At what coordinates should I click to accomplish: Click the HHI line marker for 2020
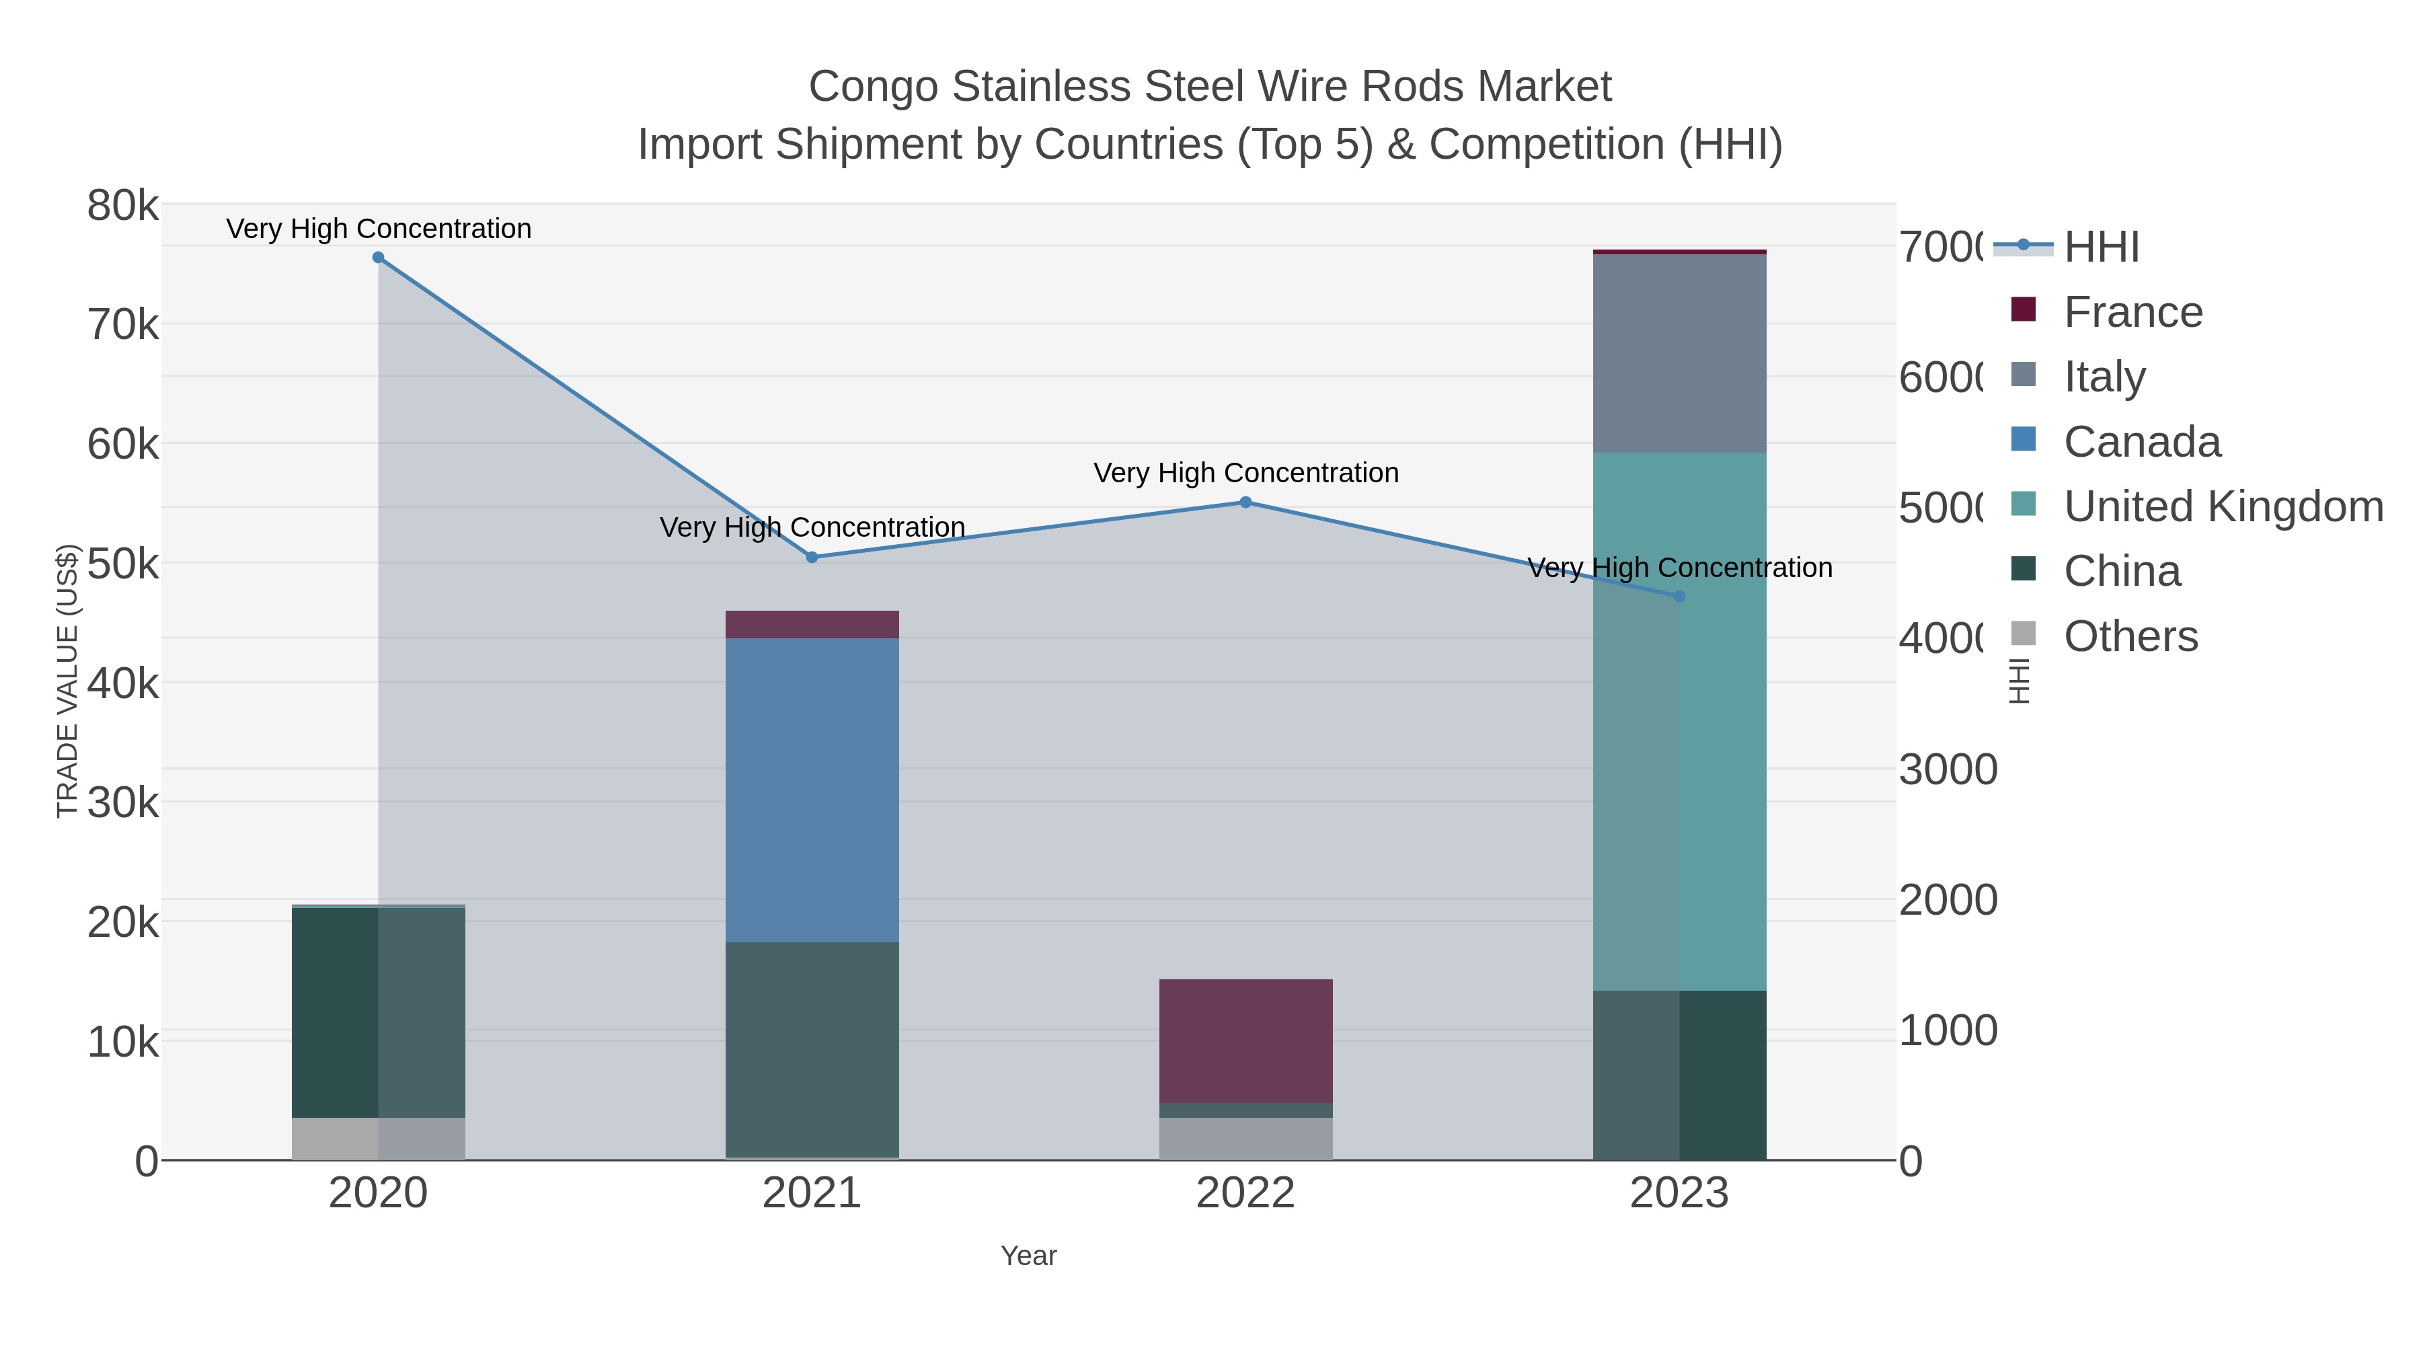378,258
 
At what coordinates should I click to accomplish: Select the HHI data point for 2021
812,558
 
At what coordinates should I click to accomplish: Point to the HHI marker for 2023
1679,596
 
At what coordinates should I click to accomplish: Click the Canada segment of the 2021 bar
812,790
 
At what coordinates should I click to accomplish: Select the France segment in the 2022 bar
1245,1041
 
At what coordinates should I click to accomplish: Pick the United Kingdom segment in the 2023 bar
1679,721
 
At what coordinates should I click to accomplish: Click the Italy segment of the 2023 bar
1679,353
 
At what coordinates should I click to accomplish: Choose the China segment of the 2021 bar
812,1049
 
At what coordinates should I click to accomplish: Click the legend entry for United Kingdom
2222,506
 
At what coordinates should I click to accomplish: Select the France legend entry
2132,312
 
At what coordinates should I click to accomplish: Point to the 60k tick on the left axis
123,445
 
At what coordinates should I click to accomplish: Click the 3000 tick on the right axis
1948,770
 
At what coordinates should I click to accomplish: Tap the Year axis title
1028,1256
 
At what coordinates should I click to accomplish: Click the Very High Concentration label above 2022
1245,473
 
